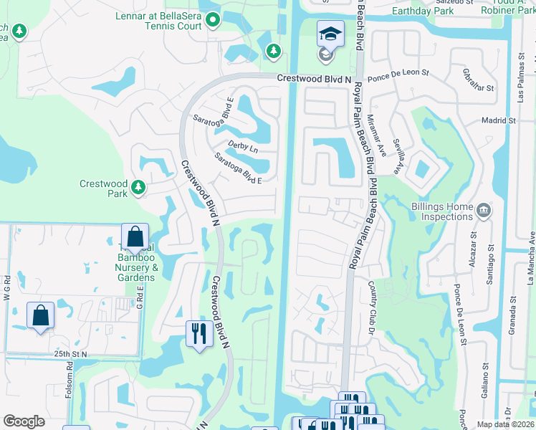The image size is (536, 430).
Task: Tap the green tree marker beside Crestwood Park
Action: [x=139, y=188]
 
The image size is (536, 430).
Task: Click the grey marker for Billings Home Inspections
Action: [x=484, y=210]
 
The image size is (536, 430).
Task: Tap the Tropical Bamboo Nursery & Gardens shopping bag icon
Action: [x=134, y=237]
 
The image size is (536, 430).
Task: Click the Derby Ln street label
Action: [x=242, y=146]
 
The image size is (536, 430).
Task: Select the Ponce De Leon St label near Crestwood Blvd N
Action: [x=398, y=73]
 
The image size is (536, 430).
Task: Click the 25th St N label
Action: [x=70, y=354]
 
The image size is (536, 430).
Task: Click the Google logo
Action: [x=24, y=421]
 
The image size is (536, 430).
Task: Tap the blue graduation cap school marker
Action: [x=330, y=34]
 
